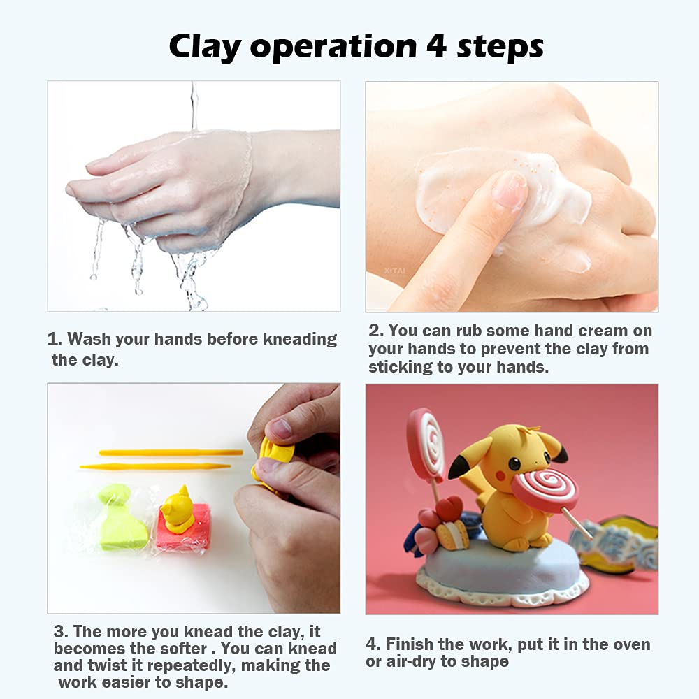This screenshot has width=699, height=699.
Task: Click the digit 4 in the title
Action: (x=436, y=45)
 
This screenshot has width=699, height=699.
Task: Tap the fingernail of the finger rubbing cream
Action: (x=510, y=190)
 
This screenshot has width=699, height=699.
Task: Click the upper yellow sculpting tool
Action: (x=171, y=453)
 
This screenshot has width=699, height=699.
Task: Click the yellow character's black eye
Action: (x=514, y=464)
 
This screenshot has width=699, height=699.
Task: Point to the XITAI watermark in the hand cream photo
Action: (x=394, y=271)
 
